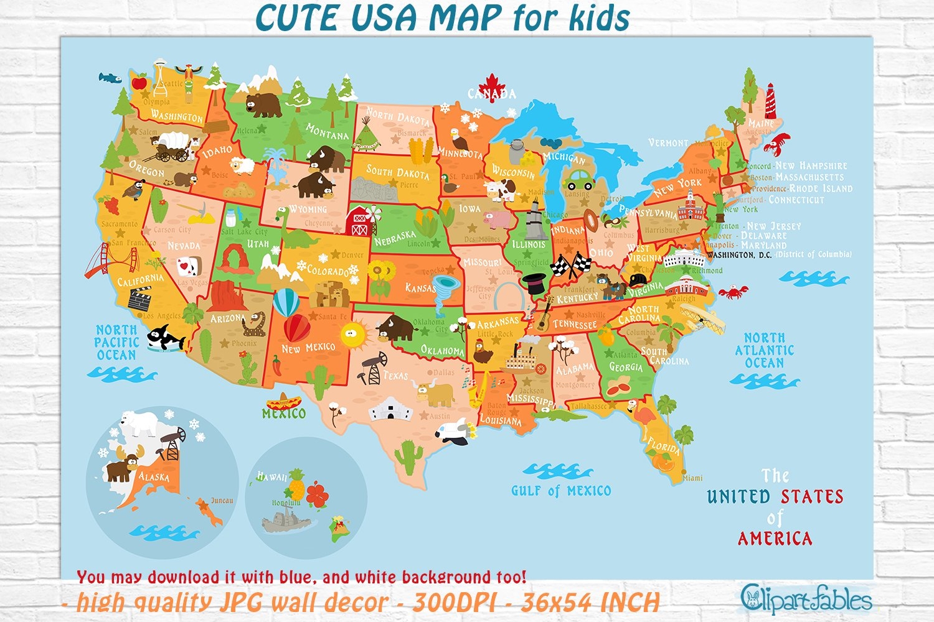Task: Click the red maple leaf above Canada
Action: pyautogui.click(x=492, y=84)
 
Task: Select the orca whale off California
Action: pyautogui.click(x=164, y=339)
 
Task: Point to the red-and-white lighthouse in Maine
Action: pyautogui.click(x=770, y=100)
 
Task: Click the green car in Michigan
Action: pyautogui.click(x=578, y=180)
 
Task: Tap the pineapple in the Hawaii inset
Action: pyautogui.click(x=296, y=486)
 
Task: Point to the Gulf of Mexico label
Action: pyautogui.click(x=560, y=491)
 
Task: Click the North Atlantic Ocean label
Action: pyautogui.click(x=764, y=350)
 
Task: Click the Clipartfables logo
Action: pyautogui.click(x=806, y=598)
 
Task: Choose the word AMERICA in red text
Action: pyautogui.click(x=775, y=538)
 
